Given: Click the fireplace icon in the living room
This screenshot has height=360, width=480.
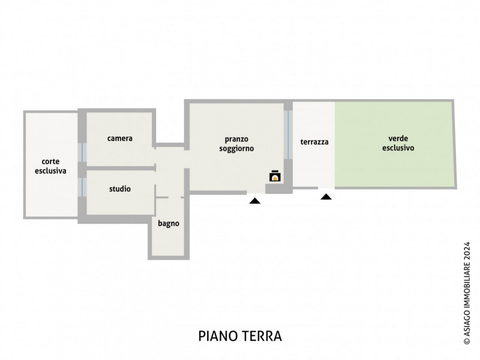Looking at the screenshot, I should (275, 176).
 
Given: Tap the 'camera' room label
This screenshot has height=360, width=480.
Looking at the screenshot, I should (120, 139).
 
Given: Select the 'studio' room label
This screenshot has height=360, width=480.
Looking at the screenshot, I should (120, 189).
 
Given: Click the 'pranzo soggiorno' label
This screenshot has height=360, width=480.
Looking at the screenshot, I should (236, 143).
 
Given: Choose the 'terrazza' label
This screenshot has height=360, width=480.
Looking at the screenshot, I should (314, 142).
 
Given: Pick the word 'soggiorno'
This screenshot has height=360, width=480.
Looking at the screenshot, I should (236, 148).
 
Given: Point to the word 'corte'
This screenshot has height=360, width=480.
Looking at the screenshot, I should (50, 161).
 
